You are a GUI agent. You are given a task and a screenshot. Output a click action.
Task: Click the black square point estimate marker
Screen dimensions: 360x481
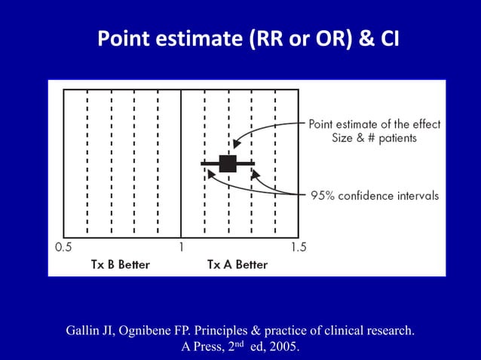(228, 163)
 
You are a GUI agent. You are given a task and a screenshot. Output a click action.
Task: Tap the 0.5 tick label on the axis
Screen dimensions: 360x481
(63, 247)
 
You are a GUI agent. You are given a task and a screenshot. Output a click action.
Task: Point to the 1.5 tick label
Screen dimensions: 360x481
(299, 247)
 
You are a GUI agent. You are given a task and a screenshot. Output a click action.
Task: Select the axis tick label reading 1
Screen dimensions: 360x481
(182, 247)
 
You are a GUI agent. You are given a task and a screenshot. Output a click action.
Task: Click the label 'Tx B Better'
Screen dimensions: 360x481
(121, 264)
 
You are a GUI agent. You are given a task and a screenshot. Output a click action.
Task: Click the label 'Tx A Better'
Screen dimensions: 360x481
(237, 264)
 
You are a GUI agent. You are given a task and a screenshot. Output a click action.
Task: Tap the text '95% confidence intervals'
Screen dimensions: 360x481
(375, 195)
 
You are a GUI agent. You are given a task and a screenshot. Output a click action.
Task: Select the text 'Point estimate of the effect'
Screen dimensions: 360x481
(375, 124)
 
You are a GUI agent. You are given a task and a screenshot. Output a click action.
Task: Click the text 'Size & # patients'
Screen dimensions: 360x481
(375, 139)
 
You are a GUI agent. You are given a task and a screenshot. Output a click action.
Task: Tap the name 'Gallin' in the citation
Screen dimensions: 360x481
(84, 331)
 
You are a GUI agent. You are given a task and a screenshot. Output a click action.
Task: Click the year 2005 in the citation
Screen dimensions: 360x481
(284, 347)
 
